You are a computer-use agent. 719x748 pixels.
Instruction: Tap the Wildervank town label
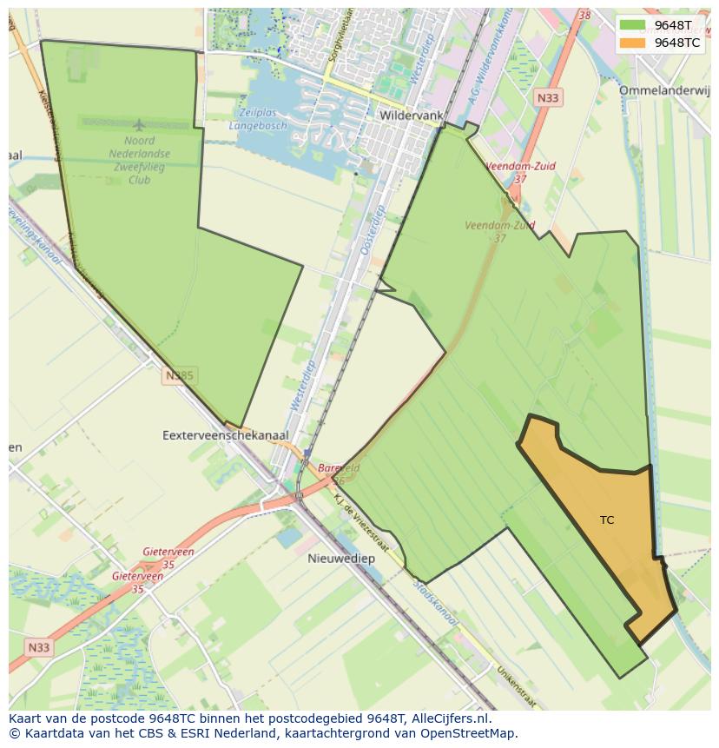point(412,115)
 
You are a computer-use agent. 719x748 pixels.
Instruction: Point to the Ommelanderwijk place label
point(664,90)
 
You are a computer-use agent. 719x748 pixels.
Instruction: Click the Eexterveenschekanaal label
point(226,434)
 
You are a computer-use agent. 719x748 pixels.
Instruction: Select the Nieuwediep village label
point(341,559)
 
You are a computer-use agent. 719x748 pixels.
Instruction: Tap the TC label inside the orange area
point(607,520)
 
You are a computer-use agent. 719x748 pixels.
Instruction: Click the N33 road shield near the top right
point(548,98)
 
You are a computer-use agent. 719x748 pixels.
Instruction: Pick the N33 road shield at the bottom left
point(38,647)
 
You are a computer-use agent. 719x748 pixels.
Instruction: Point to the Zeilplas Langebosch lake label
point(258,120)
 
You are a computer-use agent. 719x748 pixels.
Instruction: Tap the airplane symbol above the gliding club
point(141,126)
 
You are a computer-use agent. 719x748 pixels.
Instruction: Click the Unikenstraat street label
point(516,686)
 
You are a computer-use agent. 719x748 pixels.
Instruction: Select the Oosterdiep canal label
point(372,230)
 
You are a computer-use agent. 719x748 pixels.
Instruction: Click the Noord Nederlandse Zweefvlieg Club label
point(140,160)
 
